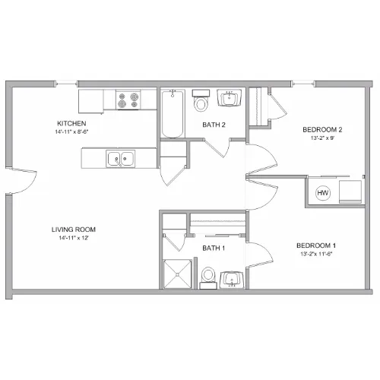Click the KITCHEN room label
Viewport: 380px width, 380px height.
coord(71,123)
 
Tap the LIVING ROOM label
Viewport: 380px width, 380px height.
coord(74,230)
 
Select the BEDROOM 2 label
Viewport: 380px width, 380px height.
coord(322,130)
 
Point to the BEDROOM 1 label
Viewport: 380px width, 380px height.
coord(316,245)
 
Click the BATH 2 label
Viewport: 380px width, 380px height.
coord(214,125)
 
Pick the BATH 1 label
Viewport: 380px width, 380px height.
coord(214,248)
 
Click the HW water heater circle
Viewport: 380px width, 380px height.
coord(323,193)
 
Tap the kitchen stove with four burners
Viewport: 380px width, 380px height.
coord(128,100)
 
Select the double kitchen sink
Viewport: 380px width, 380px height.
coord(120,159)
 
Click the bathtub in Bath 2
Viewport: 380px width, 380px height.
coord(173,113)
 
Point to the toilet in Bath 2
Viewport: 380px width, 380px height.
coord(201,100)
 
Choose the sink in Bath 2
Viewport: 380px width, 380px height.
coord(230,98)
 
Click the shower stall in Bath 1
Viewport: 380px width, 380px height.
coord(177,274)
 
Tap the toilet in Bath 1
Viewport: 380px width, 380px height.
coord(208,277)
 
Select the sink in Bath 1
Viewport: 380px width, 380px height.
coord(232,280)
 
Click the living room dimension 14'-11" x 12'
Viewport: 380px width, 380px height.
coord(74,238)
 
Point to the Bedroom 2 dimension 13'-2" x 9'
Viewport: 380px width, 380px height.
coord(322,138)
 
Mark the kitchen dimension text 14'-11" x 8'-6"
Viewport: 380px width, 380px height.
coord(71,131)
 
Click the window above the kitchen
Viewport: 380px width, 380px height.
coord(66,84)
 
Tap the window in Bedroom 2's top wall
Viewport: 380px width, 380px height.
coord(302,84)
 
